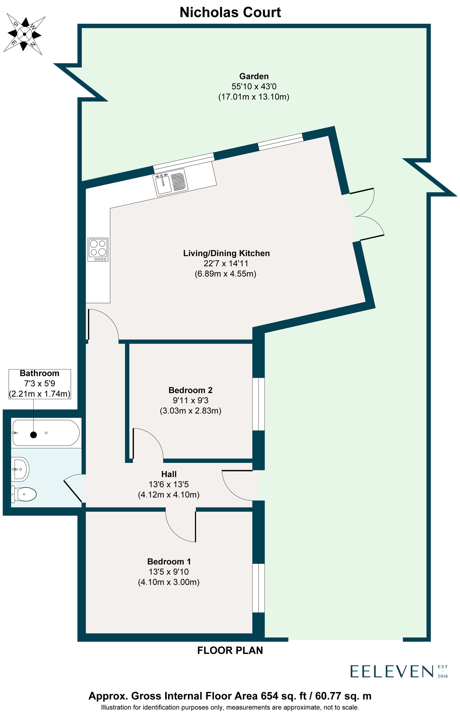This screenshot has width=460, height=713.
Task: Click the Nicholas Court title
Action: tap(230, 13)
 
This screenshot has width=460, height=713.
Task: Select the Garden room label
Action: tap(254, 76)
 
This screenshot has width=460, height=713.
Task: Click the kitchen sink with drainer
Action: tap(170, 183)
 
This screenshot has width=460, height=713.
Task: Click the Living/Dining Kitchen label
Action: tap(226, 253)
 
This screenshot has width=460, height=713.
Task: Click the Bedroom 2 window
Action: tap(258, 404)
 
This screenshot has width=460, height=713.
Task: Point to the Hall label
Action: tap(169, 474)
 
